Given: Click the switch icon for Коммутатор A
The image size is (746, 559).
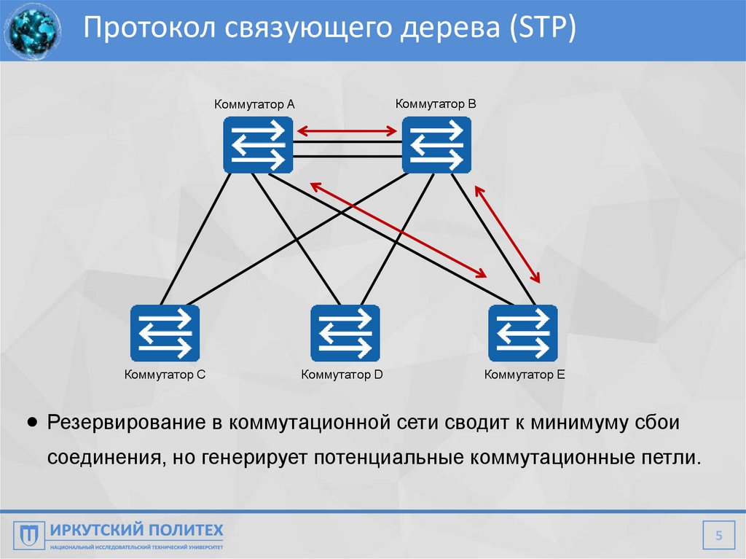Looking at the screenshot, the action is pyautogui.click(x=257, y=146).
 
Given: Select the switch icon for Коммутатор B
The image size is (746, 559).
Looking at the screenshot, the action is pyautogui.click(x=436, y=146).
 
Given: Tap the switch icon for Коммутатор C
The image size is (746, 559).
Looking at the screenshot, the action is pyautogui.click(x=165, y=333).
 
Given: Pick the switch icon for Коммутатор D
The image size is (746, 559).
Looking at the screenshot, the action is pyautogui.click(x=345, y=333).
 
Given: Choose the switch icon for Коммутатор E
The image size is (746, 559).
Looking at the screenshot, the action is pyautogui.click(x=523, y=333).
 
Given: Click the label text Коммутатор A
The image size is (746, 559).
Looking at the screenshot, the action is pyautogui.click(x=254, y=104).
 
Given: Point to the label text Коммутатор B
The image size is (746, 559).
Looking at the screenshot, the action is pyautogui.click(x=436, y=103).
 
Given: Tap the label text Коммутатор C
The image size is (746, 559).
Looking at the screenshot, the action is pyautogui.click(x=165, y=375).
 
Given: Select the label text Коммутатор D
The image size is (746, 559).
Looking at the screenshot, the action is pyautogui.click(x=342, y=375).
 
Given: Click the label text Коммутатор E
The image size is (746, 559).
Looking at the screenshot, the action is pyautogui.click(x=525, y=375).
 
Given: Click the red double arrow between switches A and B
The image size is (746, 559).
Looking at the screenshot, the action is pyautogui.click(x=347, y=131).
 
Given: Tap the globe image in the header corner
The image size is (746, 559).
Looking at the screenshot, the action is pyautogui.click(x=32, y=31).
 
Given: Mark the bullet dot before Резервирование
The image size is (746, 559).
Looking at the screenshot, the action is pyautogui.click(x=32, y=423).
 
